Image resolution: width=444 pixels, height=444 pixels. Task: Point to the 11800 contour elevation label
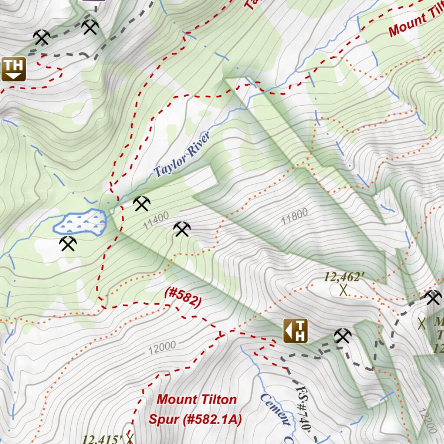pos(294,215)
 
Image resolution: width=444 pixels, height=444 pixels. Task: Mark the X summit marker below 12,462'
pos(343,290)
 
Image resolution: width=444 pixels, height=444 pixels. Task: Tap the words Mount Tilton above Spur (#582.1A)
pos(196,399)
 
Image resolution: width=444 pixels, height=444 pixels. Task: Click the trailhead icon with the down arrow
pos(13,69)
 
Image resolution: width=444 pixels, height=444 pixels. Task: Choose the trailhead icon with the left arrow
pos(296,331)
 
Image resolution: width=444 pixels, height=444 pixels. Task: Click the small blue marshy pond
pos(81,222)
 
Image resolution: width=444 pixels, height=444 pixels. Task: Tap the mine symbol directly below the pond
pos(68,244)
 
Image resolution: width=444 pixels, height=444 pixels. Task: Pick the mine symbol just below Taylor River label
pos(142,203)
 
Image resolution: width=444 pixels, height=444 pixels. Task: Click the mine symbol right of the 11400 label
pos(182,229)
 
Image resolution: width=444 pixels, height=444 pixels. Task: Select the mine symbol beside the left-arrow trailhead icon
pos(343,336)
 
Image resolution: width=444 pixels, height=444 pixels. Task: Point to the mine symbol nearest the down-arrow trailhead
pos(42,37)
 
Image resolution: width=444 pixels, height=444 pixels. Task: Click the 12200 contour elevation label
pos(428,421)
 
